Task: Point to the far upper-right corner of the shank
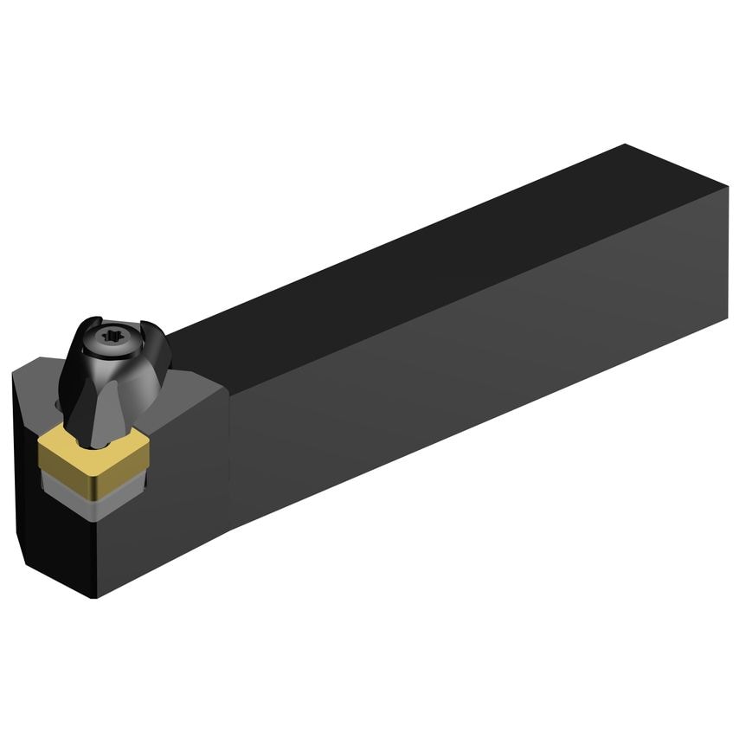point(625,145)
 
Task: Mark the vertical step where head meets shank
point(230,450)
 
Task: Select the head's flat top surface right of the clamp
point(186,389)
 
